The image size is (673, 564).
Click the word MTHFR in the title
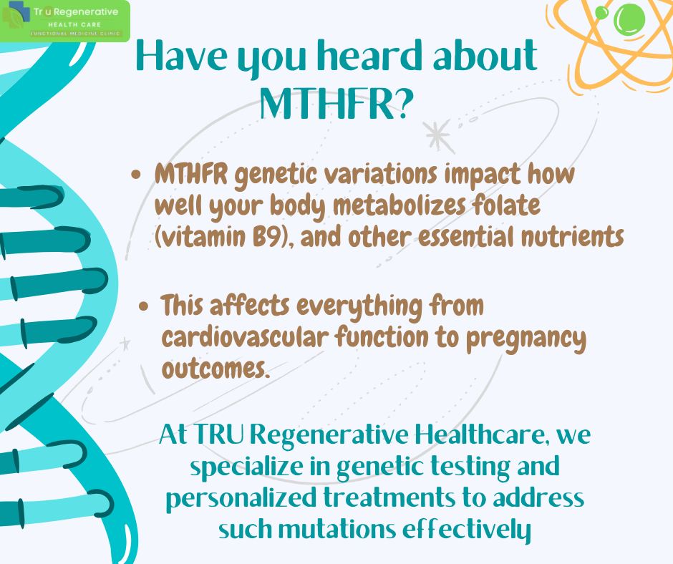(326, 104)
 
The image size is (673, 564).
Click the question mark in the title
(405, 104)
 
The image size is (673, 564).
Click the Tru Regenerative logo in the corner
(65, 19)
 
